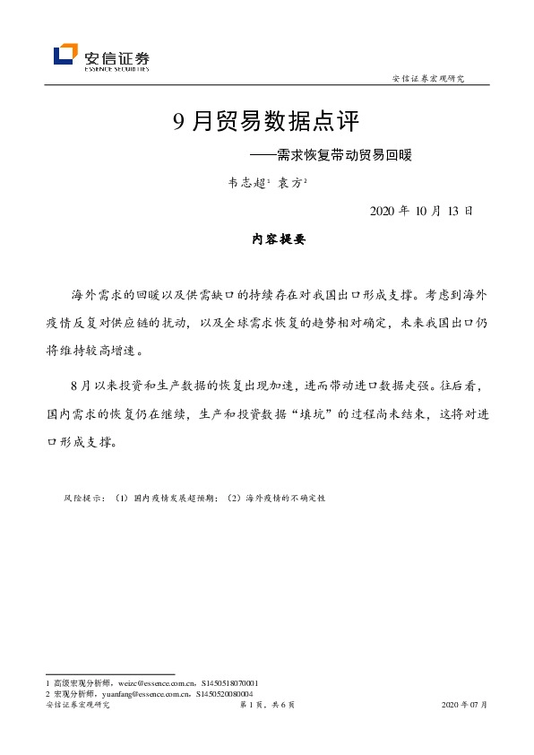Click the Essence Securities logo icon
pyautogui.click(x=65, y=56)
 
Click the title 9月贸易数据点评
pyautogui.click(x=265, y=121)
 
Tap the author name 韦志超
pyautogui.click(x=245, y=183)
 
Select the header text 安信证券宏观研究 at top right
pyautogui.click(x=428, y=79)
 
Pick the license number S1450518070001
pyautogui.click(x=230, y=683)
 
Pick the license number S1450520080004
pyautogui.click(x=223, y=693)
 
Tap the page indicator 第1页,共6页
pyautogui.click(x=266, y=706)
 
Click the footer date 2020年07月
pyautogui.click(x=465, y=706)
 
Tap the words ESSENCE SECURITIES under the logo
pyautogui.click(x=116, y=68)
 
